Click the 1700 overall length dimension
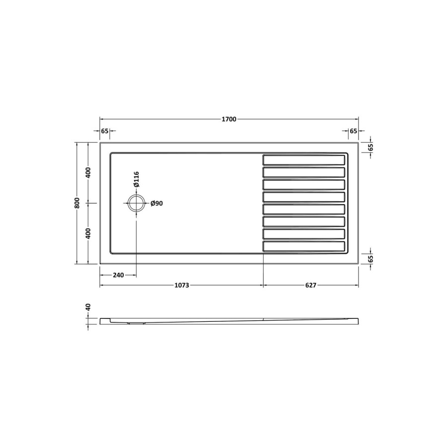229,119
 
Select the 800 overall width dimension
77,203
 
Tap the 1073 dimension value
181,285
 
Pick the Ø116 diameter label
136,179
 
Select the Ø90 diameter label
157,203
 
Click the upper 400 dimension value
88,173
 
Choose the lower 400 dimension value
88,233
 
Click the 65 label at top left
105,131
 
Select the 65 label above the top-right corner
353,131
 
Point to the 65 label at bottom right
371,258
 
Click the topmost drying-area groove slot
303,160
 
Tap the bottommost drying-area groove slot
303,246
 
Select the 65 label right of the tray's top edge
371,148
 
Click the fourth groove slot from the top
303,197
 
